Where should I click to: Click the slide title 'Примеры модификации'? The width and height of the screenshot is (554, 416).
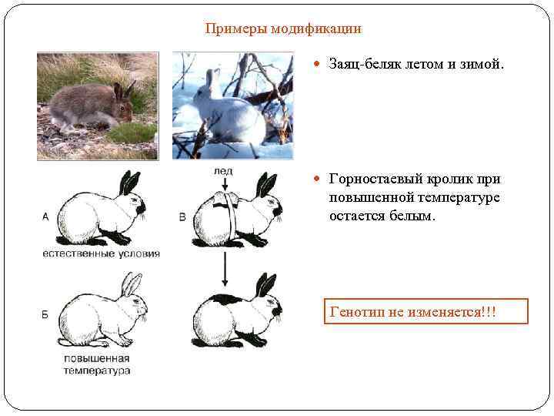coord(283,29)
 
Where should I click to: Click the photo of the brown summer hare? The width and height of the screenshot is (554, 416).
coord(98,106)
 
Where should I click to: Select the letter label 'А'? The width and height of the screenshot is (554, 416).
coord(45,217)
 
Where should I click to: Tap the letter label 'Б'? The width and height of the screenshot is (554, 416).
coord(45,314)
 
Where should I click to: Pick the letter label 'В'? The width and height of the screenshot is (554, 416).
coord(182,217)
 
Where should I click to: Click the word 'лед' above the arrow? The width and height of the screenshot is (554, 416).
coord(223,169)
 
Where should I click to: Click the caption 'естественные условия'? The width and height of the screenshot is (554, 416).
coord(101,253)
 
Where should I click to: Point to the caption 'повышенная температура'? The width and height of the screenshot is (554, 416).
coord(97,364)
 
